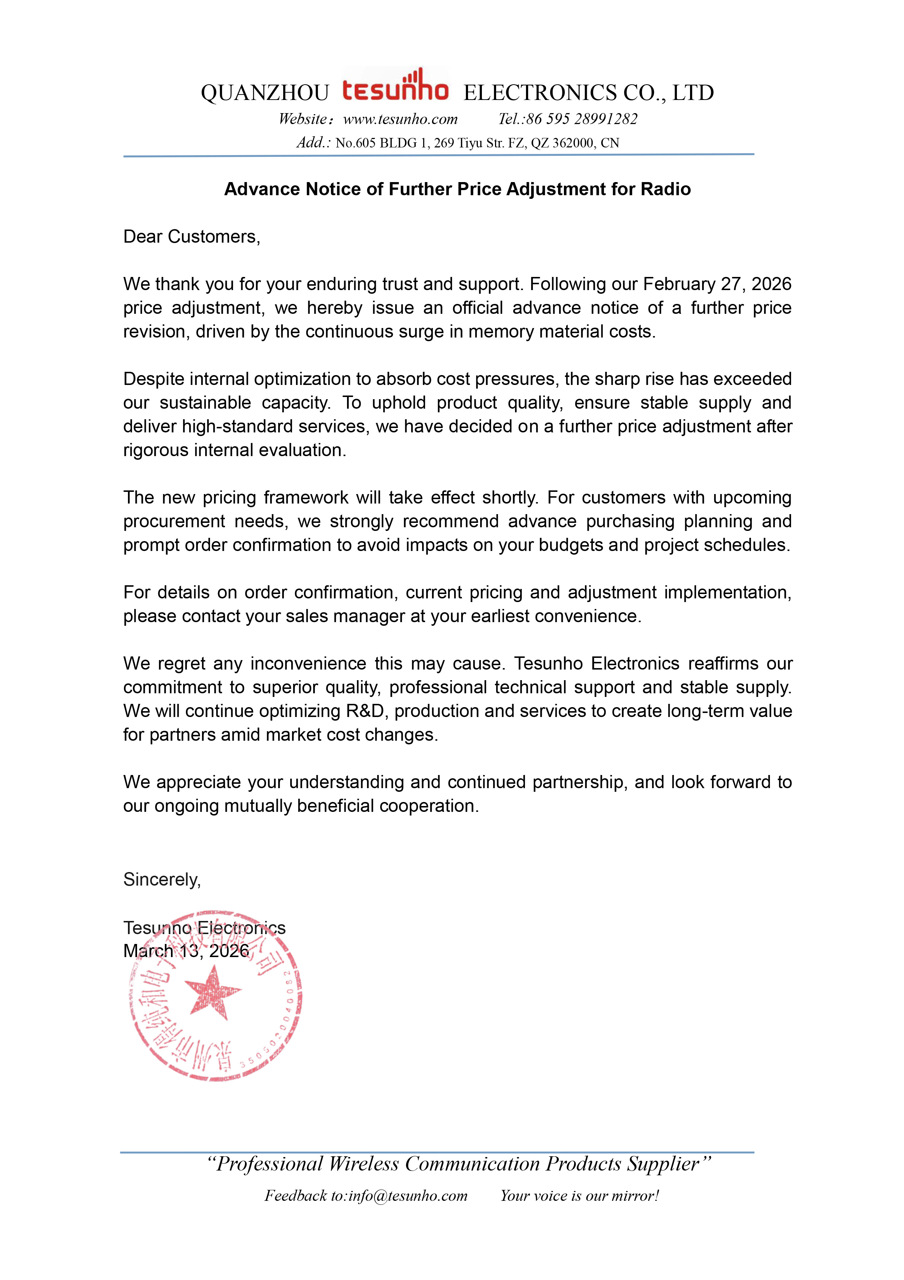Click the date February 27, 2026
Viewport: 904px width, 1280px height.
pyautogui.click(x=717, y=284)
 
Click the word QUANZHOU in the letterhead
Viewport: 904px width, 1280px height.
pyautogui.click(x=265, y=93)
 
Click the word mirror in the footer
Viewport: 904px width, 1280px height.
pyautogui.click(x=634, y=1196)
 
